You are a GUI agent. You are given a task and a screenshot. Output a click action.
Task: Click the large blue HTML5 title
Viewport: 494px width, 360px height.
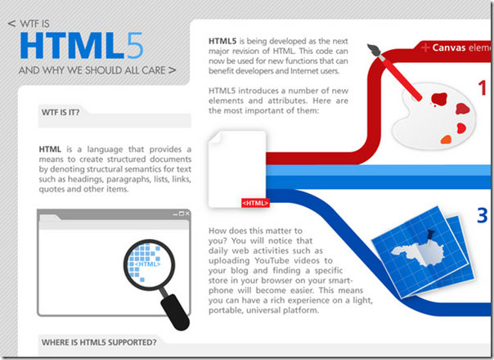[x=82, y=46]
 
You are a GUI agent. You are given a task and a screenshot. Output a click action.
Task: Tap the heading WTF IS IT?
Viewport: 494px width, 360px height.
[x=61, y=112]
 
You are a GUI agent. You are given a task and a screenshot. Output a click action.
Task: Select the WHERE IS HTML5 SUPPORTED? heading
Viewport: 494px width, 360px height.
[x=99, y=342]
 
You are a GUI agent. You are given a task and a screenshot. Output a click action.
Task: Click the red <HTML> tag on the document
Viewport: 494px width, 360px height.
[x=255, y=203]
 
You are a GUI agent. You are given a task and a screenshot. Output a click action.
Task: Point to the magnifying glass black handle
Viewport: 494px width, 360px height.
[x=175, y=312]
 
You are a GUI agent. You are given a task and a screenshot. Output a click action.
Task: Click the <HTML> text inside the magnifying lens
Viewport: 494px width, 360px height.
[x=147, y=264]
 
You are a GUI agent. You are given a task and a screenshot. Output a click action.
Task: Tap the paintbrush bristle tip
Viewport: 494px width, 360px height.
[x=373, y=50]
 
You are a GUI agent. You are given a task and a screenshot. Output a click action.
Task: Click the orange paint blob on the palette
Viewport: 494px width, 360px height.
[x=446, y=139]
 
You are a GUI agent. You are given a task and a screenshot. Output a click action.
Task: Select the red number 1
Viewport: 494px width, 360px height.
[x=483, y=88]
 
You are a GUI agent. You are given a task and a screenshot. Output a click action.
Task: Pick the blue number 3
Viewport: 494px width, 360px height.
[x=483, y=216]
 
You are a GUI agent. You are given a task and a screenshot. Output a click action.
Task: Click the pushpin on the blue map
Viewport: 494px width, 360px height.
[x=429, y=236]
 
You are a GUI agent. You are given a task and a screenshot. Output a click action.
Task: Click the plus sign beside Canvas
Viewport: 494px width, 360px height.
[x=425, y=47]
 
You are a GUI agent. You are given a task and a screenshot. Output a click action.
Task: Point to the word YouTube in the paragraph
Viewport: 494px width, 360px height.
[x=272, y=261]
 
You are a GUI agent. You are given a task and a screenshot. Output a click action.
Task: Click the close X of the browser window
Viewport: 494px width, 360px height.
[x=187, y=214]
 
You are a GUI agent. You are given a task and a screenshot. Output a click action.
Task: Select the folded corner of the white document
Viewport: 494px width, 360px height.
[x=215, y=137]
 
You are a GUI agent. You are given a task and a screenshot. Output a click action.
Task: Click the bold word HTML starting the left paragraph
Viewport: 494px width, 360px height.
[x=50, y=149]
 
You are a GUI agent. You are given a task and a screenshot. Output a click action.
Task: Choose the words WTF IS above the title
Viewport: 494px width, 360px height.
[x=34, y=24]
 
